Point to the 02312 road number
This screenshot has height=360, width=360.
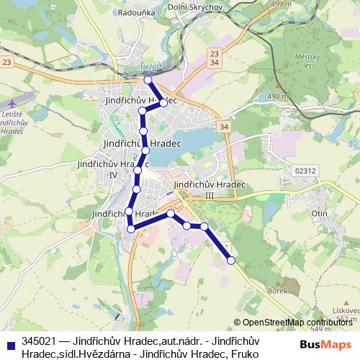tap(305, 170)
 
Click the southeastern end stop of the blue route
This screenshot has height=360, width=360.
tap(231, 260)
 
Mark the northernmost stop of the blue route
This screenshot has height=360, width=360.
tap(146, 80)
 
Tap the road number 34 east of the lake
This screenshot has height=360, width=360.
tap(225, 127)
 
